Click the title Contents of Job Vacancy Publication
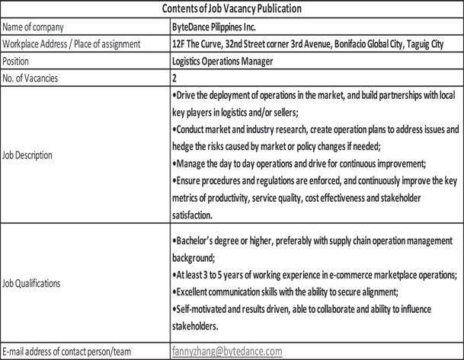point(232,9)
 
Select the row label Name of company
point(37,27)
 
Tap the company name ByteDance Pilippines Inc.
point(220,27)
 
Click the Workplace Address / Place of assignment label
point(72,43)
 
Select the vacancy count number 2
point(176,78)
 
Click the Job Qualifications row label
point(32,283)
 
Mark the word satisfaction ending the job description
point(196,215)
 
